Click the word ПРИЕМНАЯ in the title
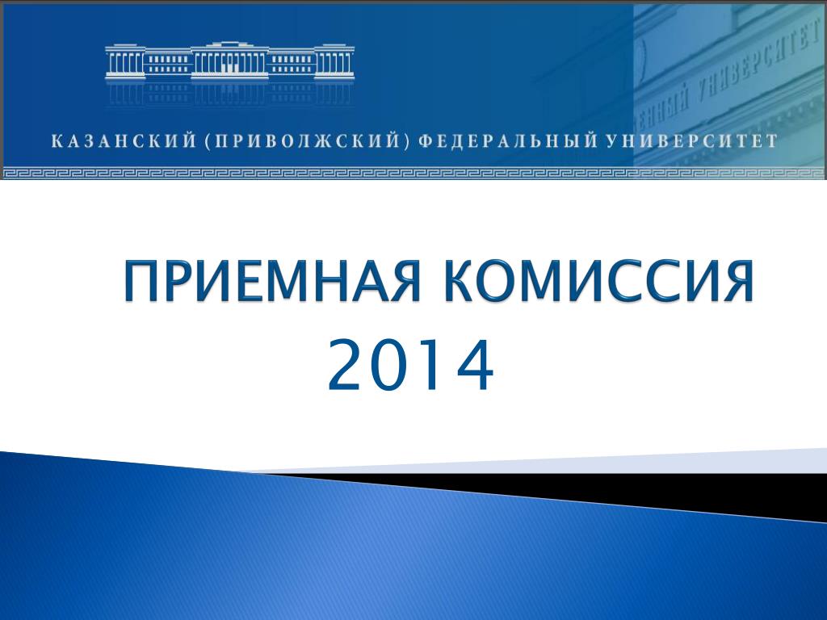272,281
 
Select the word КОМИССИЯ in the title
598,281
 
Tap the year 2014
411,365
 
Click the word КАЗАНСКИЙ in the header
124,141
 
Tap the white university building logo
230,61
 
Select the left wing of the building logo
125,63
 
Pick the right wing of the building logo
334,63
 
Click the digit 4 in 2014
475,365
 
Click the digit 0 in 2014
389,365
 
